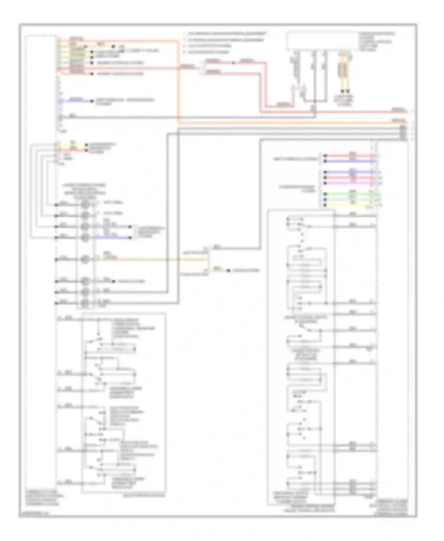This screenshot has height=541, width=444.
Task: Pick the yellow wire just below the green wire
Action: pyautogui.click(x=349, y=205)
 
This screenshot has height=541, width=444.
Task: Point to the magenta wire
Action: pyautogui.click(x=349, y=183)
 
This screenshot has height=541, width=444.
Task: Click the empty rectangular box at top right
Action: pyautogui.click(x=321, y=41)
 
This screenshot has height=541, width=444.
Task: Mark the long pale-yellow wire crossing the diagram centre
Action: pyautogui.click(x=148, y=260)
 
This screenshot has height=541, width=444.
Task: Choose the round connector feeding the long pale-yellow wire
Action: pyautogui.click(x=85, y=260)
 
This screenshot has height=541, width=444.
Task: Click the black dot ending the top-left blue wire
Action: pyautogui.click(x=92, y=101)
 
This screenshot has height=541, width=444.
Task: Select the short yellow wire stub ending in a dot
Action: pyautogui.click(x=221, y=270)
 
